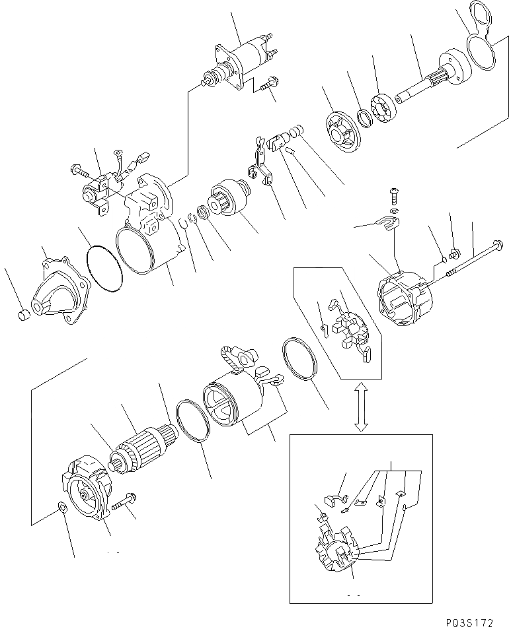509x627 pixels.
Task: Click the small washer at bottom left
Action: tap(60, 508)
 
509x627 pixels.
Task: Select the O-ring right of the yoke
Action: tap(301, 360)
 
